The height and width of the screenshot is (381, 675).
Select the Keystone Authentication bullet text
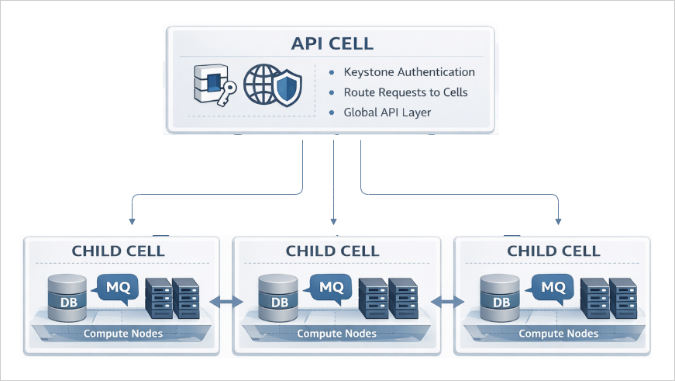point(409,72)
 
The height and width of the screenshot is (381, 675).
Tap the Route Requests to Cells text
point(405,92)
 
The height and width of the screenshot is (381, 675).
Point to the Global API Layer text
point(387,113)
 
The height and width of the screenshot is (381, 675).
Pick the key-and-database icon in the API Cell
point(212,87)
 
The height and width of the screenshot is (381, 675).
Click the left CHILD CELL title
point(118,251)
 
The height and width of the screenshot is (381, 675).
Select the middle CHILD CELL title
point(332,251)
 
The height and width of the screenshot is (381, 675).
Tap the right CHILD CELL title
point(553,251)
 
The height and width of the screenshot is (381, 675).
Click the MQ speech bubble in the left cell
point(118,286)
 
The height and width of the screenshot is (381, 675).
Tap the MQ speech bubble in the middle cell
point(331,286)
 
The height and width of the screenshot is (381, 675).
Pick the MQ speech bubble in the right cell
point(552,286)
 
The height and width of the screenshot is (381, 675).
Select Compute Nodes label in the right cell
point(558,334)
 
